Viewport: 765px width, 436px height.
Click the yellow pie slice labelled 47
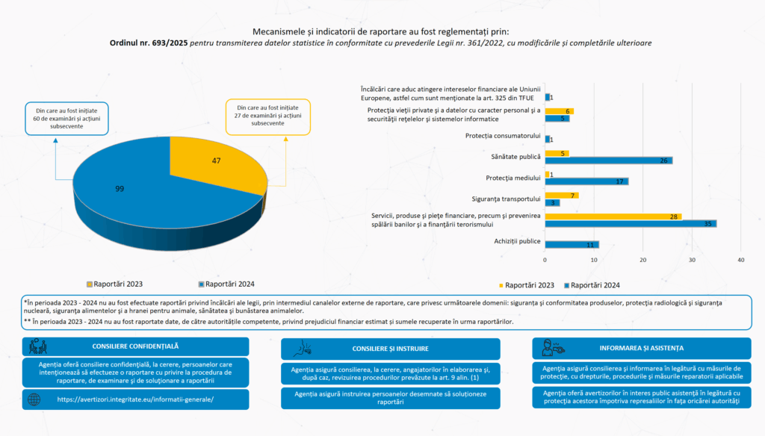point(209,163)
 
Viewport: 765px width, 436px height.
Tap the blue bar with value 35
point(631,223)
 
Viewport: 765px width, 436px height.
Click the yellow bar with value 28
point(613,216)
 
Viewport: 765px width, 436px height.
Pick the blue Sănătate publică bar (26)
point(608,161)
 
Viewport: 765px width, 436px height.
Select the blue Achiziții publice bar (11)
point(572,244)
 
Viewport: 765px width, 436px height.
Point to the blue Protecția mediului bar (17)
point(586,181)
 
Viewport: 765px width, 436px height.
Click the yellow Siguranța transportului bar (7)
point(562,195)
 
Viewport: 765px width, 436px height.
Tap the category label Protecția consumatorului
point(502,136)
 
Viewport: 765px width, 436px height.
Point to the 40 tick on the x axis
point(741,260)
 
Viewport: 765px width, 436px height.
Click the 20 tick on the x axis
point(643,260)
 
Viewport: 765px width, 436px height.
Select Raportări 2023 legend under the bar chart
point(526,285)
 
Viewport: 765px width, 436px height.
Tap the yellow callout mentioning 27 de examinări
point(268,114)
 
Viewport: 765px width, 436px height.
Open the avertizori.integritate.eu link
point(135,399)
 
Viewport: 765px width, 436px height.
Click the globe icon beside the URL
point(34,399)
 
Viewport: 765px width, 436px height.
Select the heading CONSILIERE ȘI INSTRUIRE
point(390,349)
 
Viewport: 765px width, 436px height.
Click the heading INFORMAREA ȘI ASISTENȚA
point(641,348)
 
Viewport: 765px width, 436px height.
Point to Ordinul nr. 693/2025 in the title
point(149,43)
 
